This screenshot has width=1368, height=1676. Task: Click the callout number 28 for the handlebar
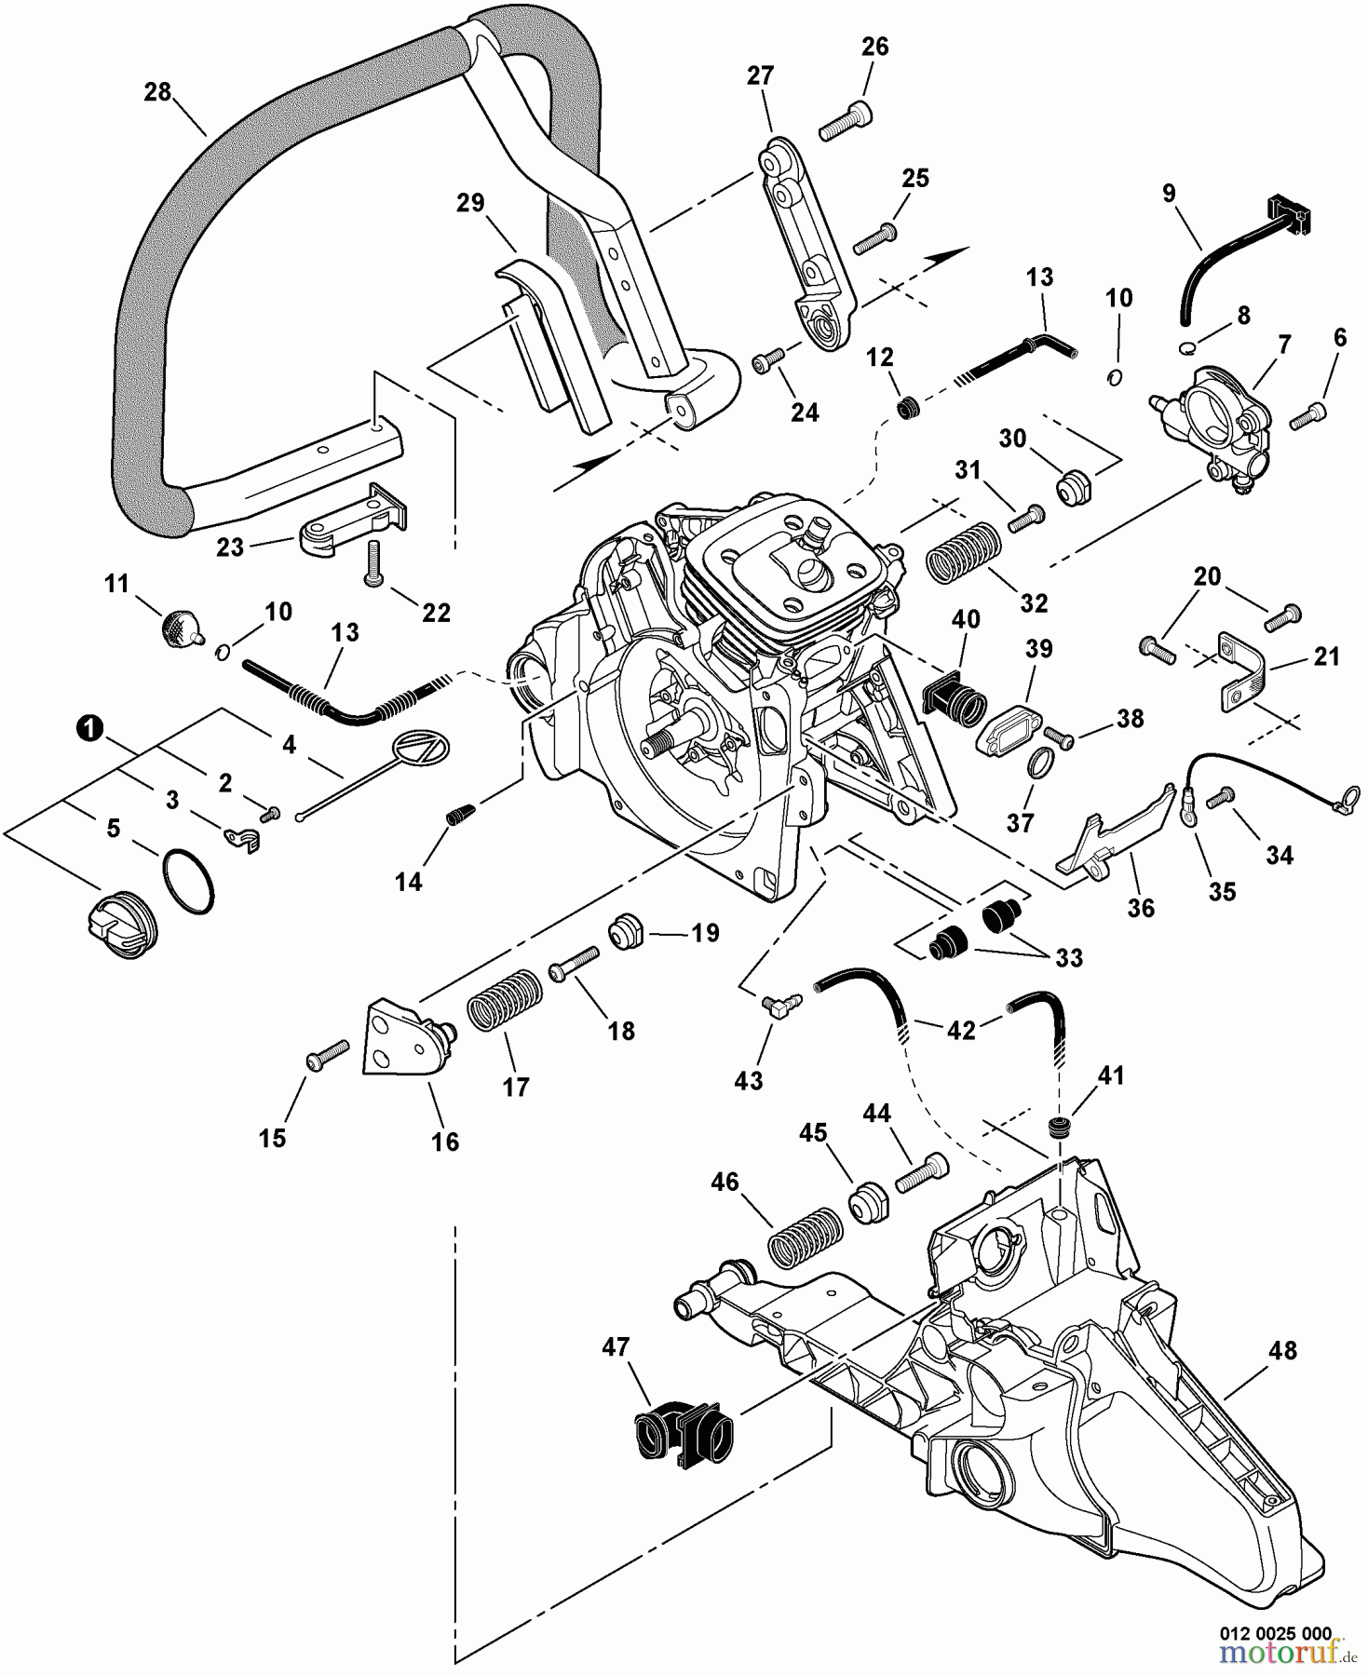158,92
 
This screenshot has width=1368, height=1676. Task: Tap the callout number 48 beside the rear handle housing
1282,1350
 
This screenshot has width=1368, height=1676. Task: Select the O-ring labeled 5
188,880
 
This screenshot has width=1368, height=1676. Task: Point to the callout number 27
760,75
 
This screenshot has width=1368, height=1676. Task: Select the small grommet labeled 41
1058,1128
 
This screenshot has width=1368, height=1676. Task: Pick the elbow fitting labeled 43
775,1006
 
